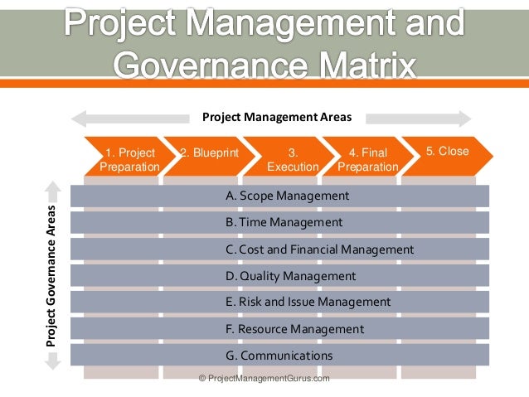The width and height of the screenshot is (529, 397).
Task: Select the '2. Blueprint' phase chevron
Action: [208, 153]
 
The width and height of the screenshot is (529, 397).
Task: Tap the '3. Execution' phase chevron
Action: [293, 159]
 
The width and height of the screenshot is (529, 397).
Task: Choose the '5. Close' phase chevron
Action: [448, 152]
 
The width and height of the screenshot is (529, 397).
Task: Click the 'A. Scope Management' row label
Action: [287, 196]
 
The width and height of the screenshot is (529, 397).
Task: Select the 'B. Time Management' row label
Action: [284, 222]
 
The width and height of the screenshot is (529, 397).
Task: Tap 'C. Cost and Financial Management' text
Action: [319, 249]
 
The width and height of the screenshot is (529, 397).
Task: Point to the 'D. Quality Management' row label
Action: [290, 276]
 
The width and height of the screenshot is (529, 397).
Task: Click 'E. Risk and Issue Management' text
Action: [308, 302]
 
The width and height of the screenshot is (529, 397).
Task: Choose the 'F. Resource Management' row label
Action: [294, 329]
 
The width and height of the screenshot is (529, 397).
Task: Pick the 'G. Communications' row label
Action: [279, 356]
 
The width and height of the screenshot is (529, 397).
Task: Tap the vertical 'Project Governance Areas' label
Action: [51, 274]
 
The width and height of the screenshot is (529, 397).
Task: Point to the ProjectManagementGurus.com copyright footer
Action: [264, 378]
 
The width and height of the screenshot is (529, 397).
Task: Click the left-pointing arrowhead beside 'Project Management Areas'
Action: [77, 118]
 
